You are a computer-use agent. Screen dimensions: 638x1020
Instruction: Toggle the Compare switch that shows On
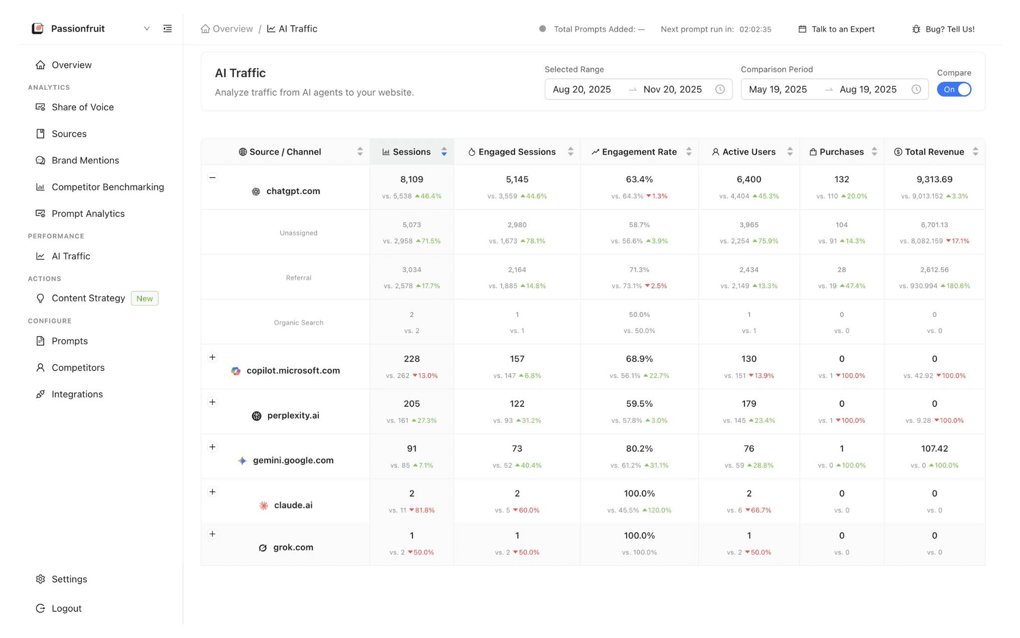(x=954, y=89)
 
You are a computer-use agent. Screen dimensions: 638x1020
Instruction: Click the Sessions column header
(x=411, y=152)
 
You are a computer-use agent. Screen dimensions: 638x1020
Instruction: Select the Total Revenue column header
(x=934, y=152)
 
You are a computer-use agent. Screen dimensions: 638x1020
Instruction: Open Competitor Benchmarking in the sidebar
(x=107, y=187)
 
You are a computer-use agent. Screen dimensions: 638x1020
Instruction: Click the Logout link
(x=66, y=608)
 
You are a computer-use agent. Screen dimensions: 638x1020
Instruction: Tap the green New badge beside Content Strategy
(x=145, y=298)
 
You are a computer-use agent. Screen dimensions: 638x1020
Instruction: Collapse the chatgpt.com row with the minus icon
(x=212, y=178)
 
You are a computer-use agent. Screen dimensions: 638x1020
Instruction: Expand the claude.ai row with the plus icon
(x=212, y=492)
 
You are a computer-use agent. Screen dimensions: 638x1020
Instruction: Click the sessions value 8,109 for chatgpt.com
(x=412, y=180)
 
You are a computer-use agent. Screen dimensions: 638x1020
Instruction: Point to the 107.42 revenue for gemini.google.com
(x=934, y=449)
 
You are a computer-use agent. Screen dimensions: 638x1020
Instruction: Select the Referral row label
(x=299, y=278)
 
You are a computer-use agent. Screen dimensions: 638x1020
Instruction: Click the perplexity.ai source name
(x=293, y=415)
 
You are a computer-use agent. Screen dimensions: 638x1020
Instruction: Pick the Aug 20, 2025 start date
(x=582, y=89)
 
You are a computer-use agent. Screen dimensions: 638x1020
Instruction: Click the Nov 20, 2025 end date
(x=673, y=89)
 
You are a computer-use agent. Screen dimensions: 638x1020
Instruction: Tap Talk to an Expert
(x=842, y=29)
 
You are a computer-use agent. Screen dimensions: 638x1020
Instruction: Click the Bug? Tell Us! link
(x=949, y=29)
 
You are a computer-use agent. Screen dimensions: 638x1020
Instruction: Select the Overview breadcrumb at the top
(x=232, y=29)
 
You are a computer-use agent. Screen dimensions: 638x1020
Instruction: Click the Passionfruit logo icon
(x=38, y=29)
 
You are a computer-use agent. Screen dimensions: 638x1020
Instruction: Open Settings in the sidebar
(x=69, y=579)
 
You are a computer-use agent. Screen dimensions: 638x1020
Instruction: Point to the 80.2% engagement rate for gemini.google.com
(x=639, y=449)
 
